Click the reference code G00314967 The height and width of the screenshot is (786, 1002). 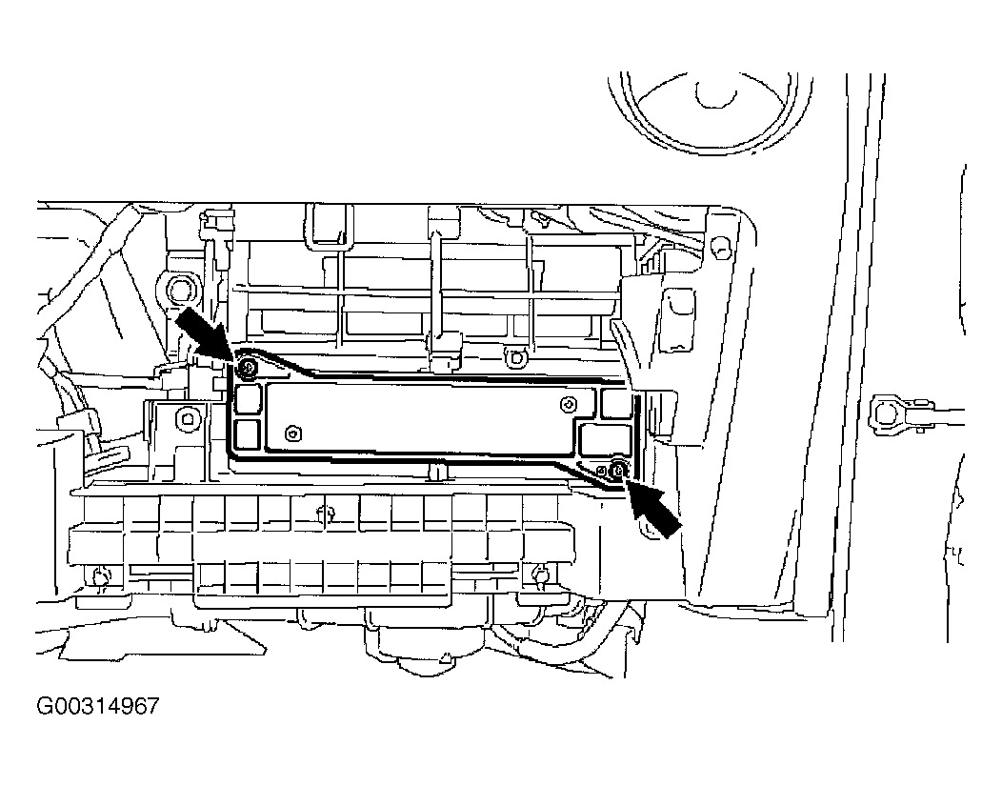click(97, 708)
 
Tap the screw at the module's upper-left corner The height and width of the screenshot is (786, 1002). click(248, 367)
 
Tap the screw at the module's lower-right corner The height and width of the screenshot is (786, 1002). click(618, 469)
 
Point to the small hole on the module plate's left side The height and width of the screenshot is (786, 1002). click(292, 434)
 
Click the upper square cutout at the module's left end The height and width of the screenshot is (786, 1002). click(249, 397)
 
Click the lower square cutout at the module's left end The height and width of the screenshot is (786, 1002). click(249, 434)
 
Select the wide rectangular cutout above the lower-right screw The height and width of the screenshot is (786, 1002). click(609, 440)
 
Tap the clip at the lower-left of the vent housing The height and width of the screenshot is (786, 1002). click(100, 574)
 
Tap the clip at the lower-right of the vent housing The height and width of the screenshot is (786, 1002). click(540, 574)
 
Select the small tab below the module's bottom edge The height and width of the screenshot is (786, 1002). click(437, 471)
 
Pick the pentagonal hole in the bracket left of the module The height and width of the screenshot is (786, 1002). click(187, 417)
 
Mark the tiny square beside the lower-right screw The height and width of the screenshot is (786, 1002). click(602, 470)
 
